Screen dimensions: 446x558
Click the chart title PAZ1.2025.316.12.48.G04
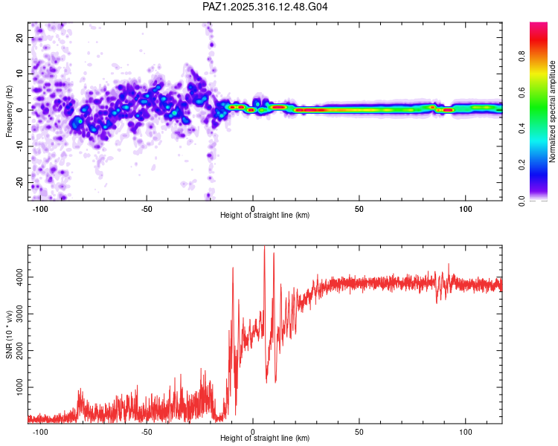pyautogui.click(x=266, y=7)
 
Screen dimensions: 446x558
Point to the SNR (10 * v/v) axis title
pyautogui.click(x=9, y=334)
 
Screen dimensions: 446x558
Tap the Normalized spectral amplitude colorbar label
pyautogui.click(x=553, y=111)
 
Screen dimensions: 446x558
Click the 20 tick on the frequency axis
pyautogui.click(x=20, y=37)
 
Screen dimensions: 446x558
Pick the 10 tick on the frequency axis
pyautogui.click(x=20, y=74)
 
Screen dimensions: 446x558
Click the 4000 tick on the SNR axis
pyautogui.click(x=19, y=277)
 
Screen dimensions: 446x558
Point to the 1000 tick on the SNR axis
pyautogui.click(x=19, y=387)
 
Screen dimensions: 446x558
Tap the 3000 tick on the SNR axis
pyautogui.click(x=19, y=314)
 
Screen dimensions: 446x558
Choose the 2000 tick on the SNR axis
pyautogui.click(x=19, y=351)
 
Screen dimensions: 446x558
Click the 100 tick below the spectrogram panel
pyautogui.click(x=466, y=207)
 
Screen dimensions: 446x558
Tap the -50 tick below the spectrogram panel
pyautogui.click(x=147, y=207)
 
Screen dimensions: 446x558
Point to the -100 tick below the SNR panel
pyautogui.click(x=40, y=431)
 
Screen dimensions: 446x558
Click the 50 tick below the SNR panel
pyautogui.click(x=359, y=431)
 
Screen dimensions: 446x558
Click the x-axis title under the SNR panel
pyautogui.click(x=265, y=439)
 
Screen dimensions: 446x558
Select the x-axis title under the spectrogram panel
pyautogui.click(x=265, y=216)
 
